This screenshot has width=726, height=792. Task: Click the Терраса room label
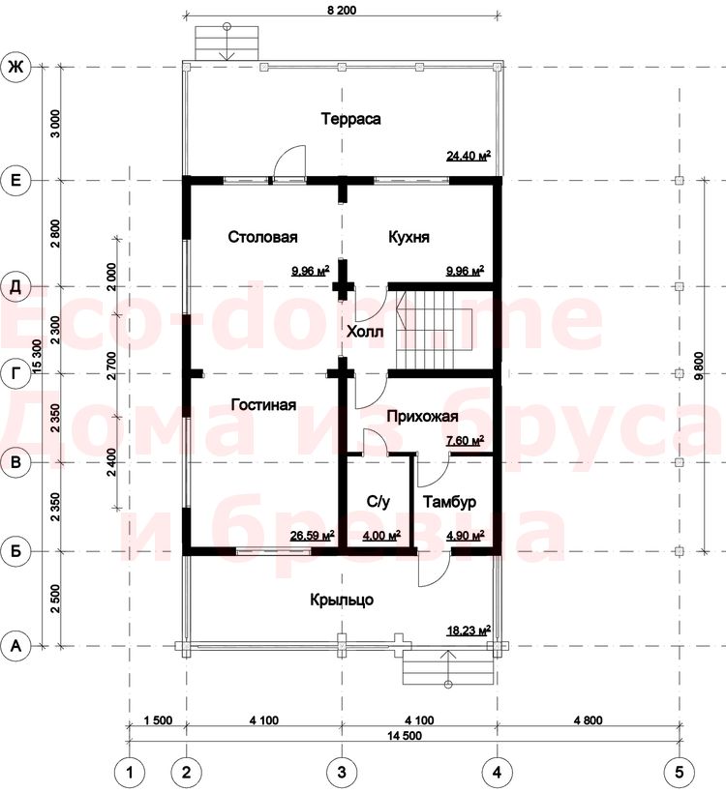click(350, 119)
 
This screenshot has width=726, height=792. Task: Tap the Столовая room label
click(262, 237)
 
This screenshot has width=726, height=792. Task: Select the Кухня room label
click(408, 237)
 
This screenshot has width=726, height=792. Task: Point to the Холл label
click(365, 332)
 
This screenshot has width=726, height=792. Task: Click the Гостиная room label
click(263, 404)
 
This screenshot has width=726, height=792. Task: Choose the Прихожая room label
click(422, 416)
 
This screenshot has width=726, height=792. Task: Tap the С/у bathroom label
click(378, 502)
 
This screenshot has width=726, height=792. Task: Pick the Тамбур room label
click(449, 502)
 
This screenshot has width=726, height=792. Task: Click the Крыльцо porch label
click(342, 600)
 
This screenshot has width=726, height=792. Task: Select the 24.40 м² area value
click(469, 156)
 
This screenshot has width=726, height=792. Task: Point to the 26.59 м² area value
click(312, 536)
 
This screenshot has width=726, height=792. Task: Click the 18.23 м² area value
click(469, 631)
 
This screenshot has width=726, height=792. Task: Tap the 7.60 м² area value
click(466, 440)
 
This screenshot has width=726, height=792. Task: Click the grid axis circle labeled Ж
click(16, 66)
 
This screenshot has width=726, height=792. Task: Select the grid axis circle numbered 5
click(679, 772)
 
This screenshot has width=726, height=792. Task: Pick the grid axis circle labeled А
click(16, 646)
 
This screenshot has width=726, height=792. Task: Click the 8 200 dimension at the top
click(342, 10)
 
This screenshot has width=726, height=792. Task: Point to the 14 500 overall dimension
click(405, 735)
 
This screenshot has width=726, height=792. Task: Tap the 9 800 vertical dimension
click(699, 366)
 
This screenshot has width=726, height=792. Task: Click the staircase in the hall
click(434, 331)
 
